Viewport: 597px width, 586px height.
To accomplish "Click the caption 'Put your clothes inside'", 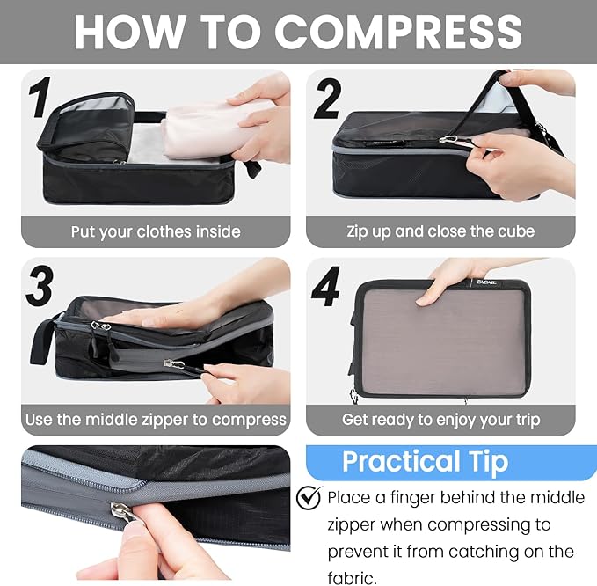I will [156, 232].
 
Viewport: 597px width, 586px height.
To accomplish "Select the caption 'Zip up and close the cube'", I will [440, 232].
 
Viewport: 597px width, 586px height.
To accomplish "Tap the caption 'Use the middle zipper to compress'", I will [156, 420].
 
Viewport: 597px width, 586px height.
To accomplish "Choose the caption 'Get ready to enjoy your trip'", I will [440, 420].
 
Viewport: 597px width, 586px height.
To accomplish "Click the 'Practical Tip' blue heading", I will [425, 462].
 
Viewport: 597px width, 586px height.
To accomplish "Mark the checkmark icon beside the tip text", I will [309, 498].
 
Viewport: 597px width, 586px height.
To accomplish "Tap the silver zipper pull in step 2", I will [451, 139].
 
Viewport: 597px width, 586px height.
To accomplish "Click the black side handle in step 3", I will [41, 340].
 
